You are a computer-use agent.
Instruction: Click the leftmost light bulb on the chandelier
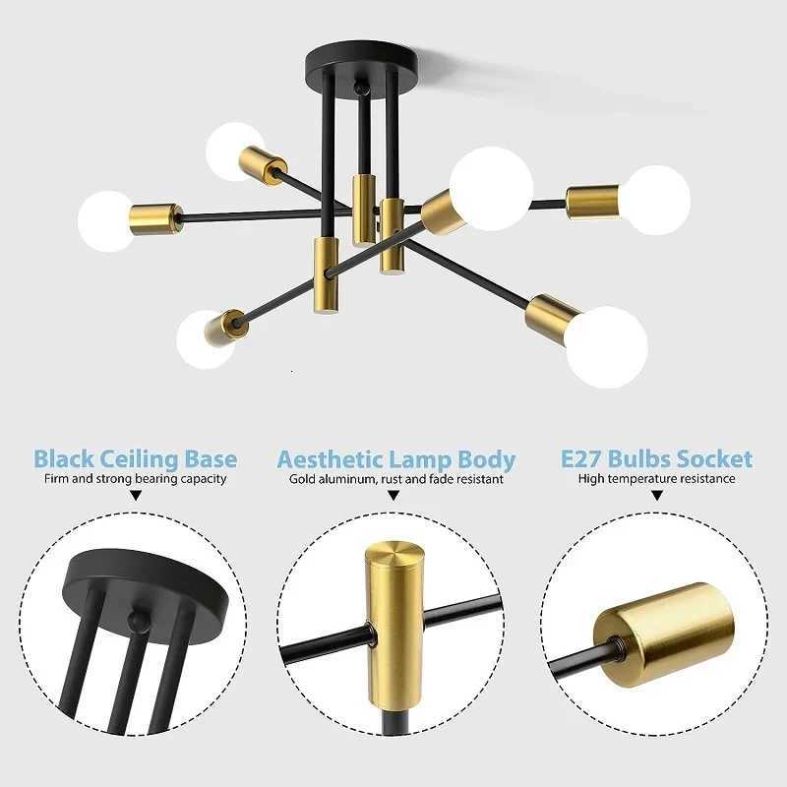point(105,220)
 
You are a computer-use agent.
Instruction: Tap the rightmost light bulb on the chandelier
point(655,200)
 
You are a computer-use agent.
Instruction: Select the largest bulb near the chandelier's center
point(491,188)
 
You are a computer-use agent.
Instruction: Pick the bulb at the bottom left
point(205,339)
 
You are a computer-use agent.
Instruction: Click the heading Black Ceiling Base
point(135,458)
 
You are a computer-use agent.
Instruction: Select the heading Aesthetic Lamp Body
point(395,459)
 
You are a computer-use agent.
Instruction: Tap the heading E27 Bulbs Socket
point(656,458)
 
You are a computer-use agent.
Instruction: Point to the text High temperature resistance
point(656,479)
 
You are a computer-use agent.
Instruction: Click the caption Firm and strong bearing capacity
point(135,479)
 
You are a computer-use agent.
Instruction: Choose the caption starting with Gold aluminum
point(395,479)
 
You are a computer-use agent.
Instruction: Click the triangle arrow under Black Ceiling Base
point(135,497)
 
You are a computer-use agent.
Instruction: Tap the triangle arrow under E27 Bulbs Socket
point(656,497)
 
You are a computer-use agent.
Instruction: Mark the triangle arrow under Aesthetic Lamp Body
point(393,497)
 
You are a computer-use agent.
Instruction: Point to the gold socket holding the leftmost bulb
point(156,217)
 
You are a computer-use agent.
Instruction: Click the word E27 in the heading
point(581,458)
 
